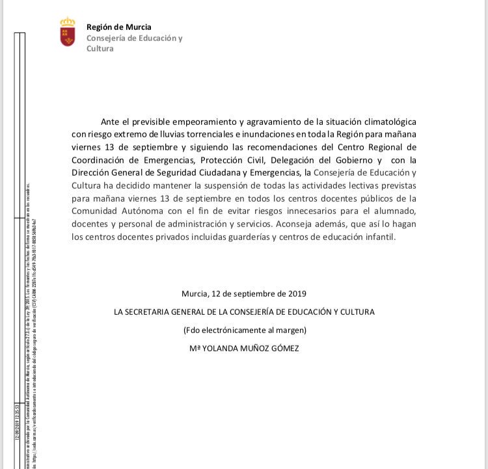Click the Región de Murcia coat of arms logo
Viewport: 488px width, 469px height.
pyautogui.click(x=67, y=32)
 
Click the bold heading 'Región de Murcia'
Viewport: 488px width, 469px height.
pyautogui.click(x=118, y=27)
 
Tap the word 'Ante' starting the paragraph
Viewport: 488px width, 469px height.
pyautogui.click(x=111, y=122)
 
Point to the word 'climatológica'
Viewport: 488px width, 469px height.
pyautogui.click(x=386, y=122)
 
